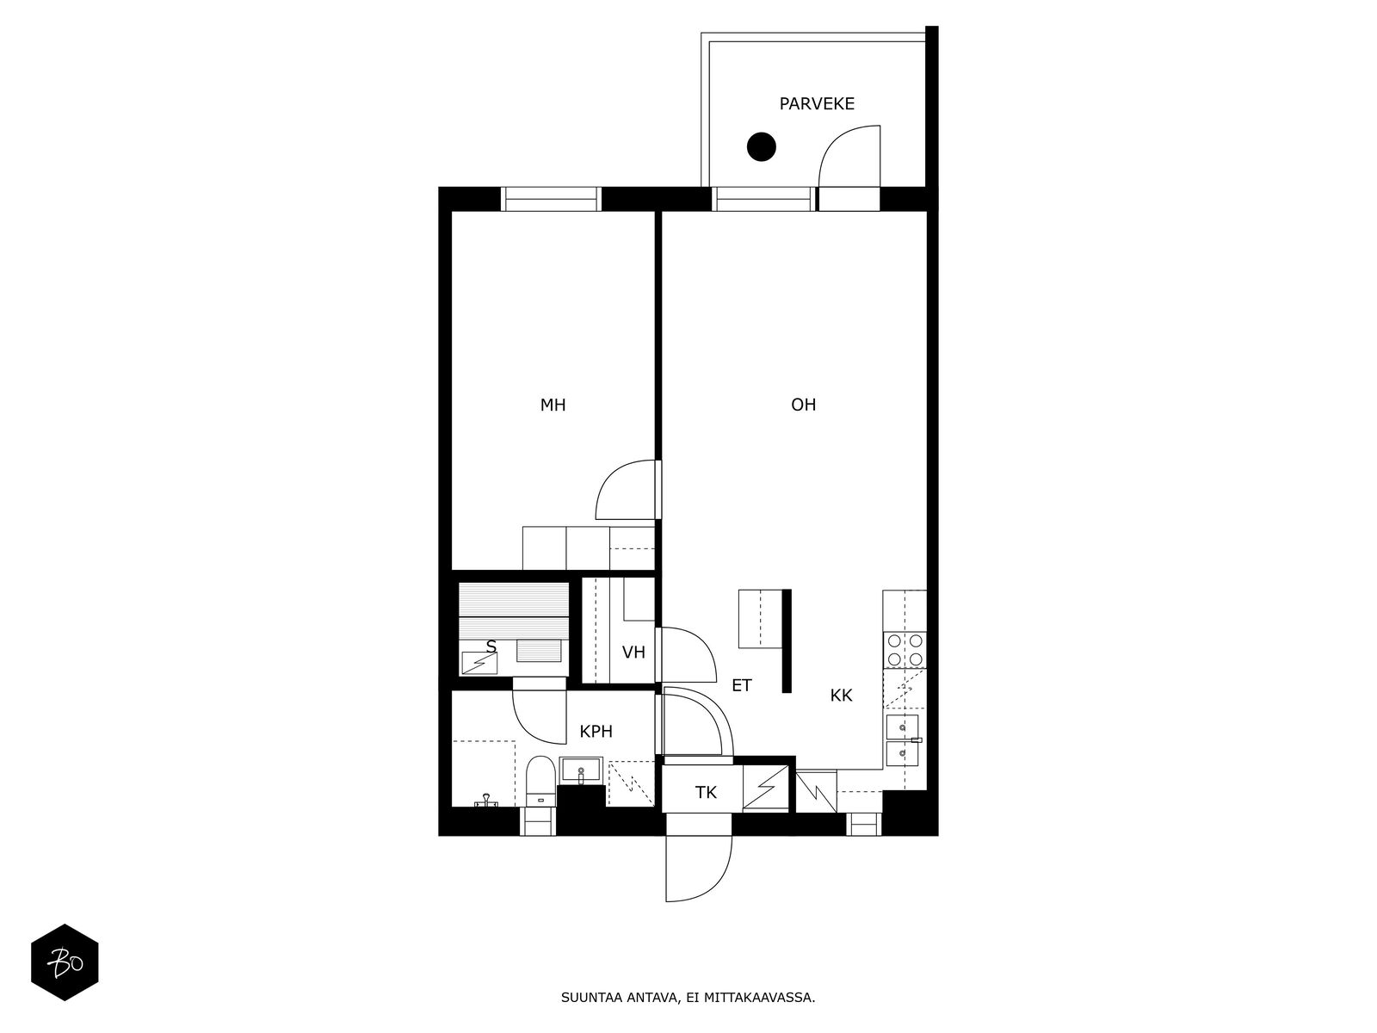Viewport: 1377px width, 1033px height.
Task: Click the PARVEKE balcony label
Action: point(816,103)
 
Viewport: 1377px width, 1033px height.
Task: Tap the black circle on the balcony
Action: point(762,146)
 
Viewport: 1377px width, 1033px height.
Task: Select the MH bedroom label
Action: point(553,405)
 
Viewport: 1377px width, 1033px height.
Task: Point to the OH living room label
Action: point(803,405)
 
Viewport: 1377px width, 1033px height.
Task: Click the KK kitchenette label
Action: point(841,695)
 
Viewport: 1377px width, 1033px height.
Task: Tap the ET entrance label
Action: point(742,685)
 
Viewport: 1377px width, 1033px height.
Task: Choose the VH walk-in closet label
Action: point(633,653)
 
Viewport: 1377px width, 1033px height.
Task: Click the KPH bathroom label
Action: point(596,732)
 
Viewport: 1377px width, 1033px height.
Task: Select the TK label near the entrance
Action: point(706,793)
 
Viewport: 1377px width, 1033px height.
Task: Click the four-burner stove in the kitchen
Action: point(904,650)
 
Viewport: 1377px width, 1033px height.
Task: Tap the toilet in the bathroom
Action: point(540,782)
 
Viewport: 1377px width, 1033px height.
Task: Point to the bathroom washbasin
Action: point(581,770)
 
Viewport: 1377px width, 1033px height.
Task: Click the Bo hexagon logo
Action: point(65,962)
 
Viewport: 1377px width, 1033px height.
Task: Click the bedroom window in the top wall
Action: point(551,199)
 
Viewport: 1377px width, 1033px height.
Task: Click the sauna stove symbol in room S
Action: point(479,663)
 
